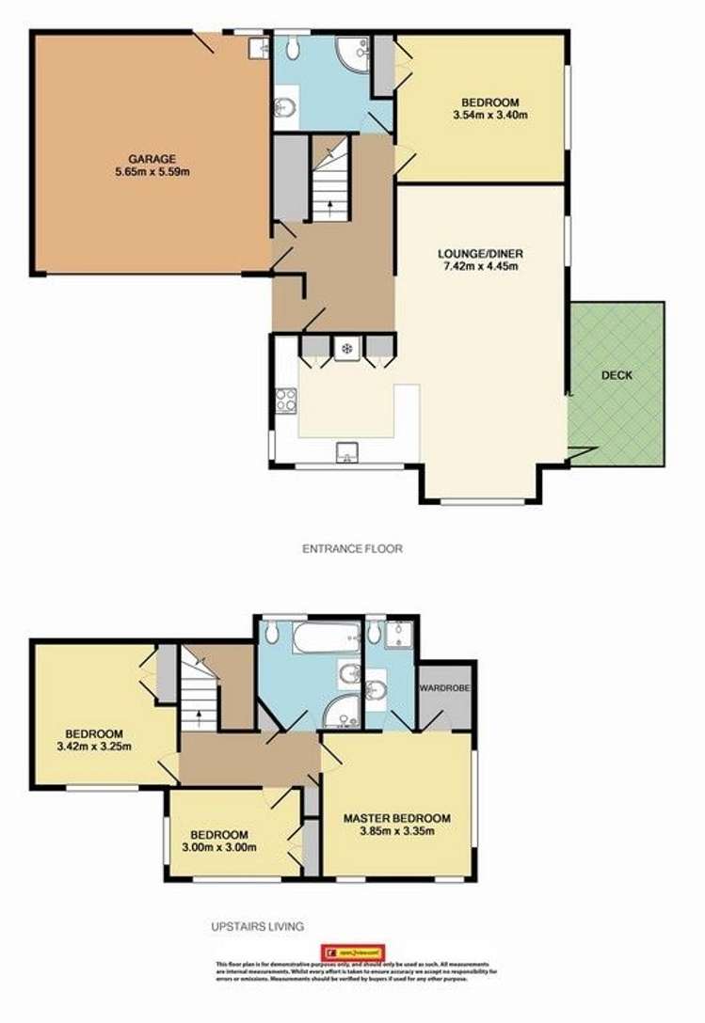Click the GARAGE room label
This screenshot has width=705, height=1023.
[153, 158]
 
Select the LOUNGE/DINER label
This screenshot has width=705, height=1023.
[480, 253]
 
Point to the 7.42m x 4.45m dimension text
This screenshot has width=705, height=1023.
[480, 266]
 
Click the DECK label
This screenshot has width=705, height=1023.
[617, 376]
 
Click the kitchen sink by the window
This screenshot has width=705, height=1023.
[345, 455]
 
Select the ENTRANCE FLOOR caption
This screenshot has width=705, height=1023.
[352, 548]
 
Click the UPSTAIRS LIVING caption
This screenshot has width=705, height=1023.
[258, 926]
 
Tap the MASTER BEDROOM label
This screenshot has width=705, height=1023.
[396, 818]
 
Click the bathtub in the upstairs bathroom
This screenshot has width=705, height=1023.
[326, 638]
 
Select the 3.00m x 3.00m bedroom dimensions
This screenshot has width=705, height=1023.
[219, 847]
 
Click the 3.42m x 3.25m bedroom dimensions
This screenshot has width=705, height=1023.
[93, 748]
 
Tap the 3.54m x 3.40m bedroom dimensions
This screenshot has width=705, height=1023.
[489, 116]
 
